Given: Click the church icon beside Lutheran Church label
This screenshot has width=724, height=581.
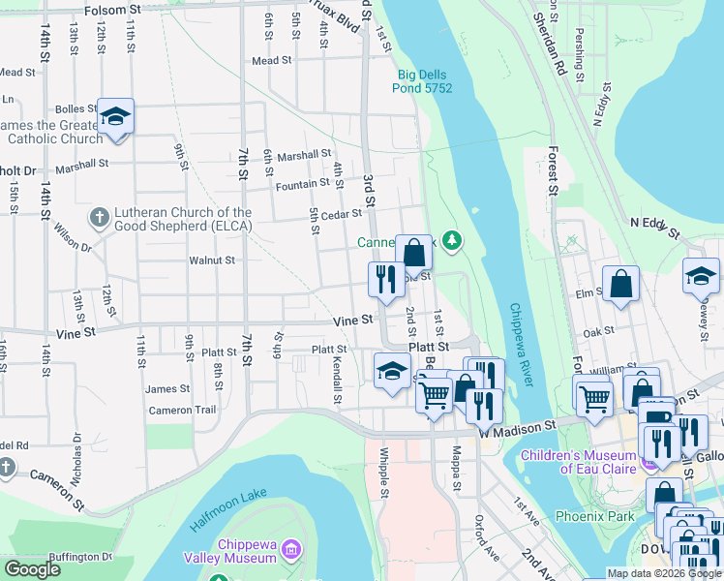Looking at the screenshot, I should [98, 219].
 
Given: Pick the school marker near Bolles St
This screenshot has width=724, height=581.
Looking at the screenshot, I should [115, 118].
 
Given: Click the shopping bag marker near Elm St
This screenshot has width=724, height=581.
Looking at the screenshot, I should [620, 285].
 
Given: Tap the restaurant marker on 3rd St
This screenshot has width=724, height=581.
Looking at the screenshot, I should [386, 280].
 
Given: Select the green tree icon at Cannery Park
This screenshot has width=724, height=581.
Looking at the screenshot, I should [450, 239].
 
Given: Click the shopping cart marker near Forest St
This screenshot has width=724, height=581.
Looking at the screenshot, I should [593, 396].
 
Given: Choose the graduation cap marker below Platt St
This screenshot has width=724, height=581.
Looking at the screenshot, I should [392, 372].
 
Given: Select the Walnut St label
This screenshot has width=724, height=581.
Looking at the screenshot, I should [212, 260].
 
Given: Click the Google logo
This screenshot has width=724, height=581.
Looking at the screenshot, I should [31, 569].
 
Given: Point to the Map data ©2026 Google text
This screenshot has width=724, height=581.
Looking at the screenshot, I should [663, 573].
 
